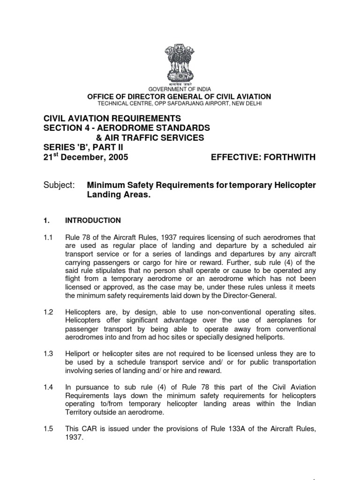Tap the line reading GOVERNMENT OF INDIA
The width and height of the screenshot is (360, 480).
180,89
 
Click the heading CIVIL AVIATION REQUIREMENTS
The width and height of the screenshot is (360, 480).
112,118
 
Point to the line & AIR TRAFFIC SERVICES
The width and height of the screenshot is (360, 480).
150,137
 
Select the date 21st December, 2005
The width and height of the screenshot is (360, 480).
86,157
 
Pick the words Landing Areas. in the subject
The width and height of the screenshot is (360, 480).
119,196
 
